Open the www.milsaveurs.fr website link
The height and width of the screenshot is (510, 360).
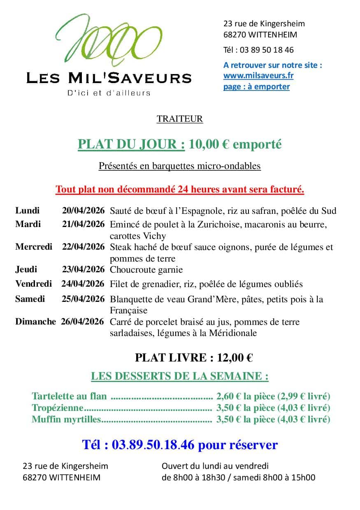tap(258, 76)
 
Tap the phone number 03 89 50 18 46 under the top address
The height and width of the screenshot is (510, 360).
tap(267, 50)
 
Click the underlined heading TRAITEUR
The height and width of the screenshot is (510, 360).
tap(180, 119)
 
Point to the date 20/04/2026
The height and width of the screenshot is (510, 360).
tap(84, 211)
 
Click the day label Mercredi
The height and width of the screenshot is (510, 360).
tap(34, 247)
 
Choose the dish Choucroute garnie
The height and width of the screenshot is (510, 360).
tap(146, 270)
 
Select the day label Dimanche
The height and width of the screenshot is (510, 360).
tap(35, 322)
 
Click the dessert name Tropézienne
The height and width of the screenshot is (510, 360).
tap(58, 408)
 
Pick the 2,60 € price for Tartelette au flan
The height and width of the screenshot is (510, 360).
tap(228, 396)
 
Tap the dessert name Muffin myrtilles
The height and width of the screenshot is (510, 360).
tap(66, 420)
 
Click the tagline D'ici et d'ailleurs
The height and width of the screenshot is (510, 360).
tap(109, 93)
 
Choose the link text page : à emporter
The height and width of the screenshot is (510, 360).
tap(257, 86)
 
